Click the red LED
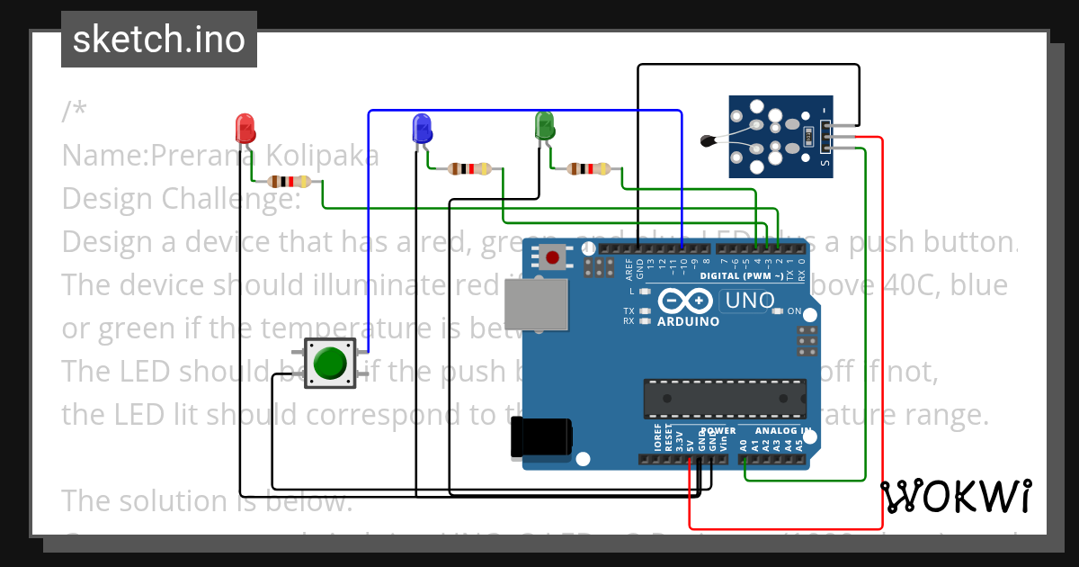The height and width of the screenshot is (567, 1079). click(x=245, y=128)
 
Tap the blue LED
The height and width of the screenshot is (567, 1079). click(x=422, y=128)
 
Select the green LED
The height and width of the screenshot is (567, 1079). click(x=544, y=125)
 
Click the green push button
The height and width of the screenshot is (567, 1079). click(x=330, y=363)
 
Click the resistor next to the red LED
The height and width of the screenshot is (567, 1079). click(x=290, y=182)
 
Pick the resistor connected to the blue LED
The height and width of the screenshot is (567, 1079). click(x=469, y=168)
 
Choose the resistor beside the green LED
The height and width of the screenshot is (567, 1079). click(x=589, y=168)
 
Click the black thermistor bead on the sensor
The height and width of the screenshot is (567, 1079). click(x=709, y=139)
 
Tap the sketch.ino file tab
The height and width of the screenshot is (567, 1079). click(x=159, y=40)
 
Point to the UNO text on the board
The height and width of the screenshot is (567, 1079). click(x=749, y=301)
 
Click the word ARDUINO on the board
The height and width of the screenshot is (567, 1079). click(x=688, y=321)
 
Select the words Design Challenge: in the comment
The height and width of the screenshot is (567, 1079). click(x=181, y=198)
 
